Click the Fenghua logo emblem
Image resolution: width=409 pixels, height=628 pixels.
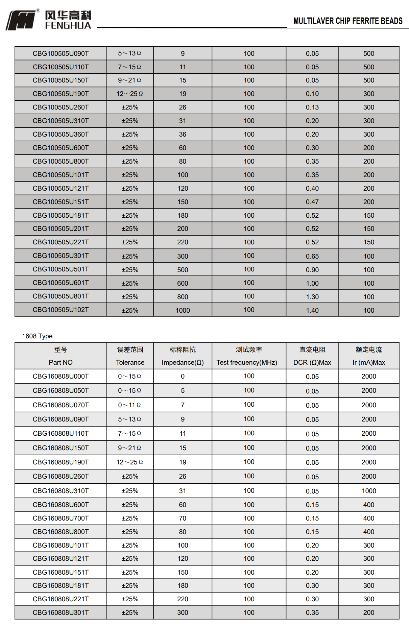point(21,20)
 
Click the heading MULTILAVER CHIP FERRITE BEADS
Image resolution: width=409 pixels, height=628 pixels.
point(347,21)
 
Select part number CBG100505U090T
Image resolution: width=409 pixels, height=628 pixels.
point(61,53)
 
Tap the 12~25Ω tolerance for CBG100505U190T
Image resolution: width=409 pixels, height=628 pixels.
point(129,94)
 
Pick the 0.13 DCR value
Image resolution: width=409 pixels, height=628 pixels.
point(312,107)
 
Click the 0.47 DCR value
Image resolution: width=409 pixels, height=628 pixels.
point(312,202)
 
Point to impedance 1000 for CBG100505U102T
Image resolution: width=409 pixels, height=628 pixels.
point(183,310)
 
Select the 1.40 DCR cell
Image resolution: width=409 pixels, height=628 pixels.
point(312,310)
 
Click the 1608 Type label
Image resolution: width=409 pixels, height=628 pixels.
point(37,336)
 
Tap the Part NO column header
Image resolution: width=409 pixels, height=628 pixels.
point(61,362)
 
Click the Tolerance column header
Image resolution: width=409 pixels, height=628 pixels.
point(130,362)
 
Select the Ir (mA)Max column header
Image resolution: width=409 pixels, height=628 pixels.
point(368,362)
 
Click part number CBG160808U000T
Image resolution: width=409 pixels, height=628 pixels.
point(61,376)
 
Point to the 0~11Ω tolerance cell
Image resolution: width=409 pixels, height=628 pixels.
point(129,405)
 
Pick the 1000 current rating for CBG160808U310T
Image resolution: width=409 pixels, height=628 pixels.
point(368,491)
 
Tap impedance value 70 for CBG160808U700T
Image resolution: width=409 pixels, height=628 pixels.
point(183,518)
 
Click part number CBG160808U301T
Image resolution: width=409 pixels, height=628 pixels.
point(61,612)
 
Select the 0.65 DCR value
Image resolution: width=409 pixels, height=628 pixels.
point(312,256)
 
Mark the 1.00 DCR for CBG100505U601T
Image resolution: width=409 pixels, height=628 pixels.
point(312,283)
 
